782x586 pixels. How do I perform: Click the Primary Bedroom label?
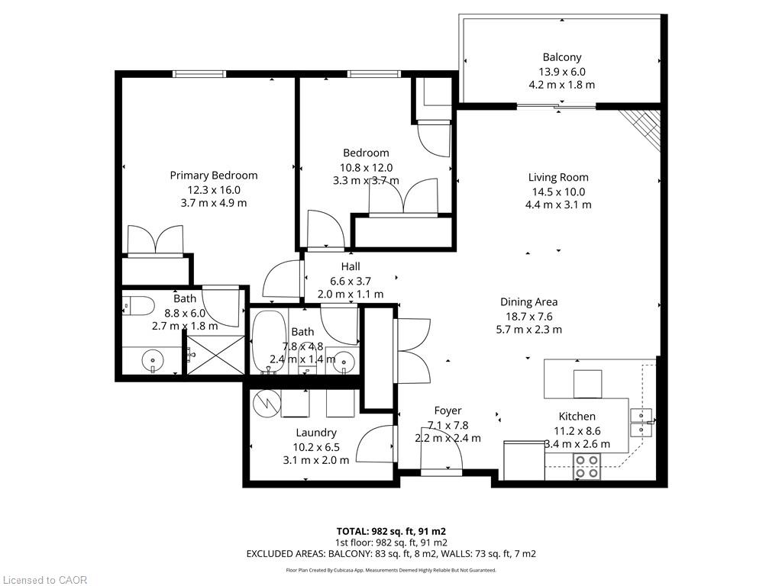click(x=214, y=175)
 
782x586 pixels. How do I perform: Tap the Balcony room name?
click(x=562, y=57)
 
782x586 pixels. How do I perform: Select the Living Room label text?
click(x=558, y=177)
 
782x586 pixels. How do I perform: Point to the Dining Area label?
click(x=528, y=302)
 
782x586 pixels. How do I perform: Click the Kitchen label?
click(x=577, y=417)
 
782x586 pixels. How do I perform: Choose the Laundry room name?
click(x=315, y=433)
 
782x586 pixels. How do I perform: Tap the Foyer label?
click(x=448, y=411)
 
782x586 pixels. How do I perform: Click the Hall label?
click(x=351, y=266)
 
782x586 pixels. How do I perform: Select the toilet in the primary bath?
click(x=137, y=305)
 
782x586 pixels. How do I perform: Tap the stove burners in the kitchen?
click(x=586, y=467)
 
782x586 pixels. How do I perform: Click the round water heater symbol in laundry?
click(x=267, y=403)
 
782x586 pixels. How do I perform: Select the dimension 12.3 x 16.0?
click(x=214, y=190)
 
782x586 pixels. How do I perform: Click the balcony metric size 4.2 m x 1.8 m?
click(x=562, y=85)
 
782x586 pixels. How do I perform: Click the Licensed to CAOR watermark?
click(x=44, y=580)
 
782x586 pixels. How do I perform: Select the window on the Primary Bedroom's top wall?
click(x=199, y=74)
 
